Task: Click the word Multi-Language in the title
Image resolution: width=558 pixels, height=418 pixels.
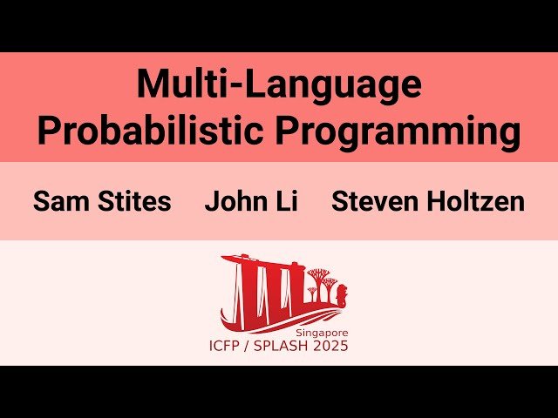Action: tap(279, 85)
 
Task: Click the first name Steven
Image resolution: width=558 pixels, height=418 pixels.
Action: tap(374, 202)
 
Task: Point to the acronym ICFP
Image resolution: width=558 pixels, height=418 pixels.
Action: tap(229, 346)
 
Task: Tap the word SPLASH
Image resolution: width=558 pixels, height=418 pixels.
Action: tap(294, 346)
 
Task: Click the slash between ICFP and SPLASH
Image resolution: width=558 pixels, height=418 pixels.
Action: tap(258, 346)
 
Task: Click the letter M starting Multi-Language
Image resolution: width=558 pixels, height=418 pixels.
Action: tap(153, 85)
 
